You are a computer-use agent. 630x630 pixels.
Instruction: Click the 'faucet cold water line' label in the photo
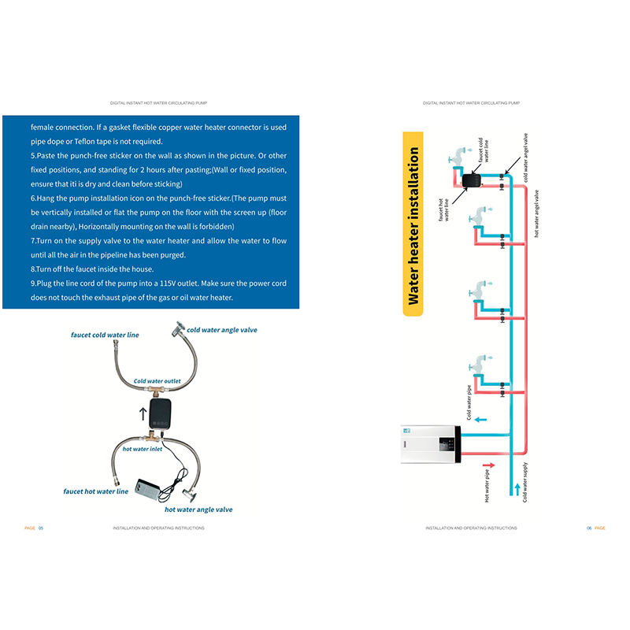104,335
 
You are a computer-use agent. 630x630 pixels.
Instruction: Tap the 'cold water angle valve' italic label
222,329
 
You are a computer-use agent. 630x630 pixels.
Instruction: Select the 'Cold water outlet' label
157,381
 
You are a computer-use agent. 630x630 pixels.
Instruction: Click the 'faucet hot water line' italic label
95,491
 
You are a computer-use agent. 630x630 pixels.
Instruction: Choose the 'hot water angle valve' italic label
198,510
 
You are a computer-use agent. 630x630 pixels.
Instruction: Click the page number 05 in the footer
41,528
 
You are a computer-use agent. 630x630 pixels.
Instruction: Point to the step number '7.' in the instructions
34,241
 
